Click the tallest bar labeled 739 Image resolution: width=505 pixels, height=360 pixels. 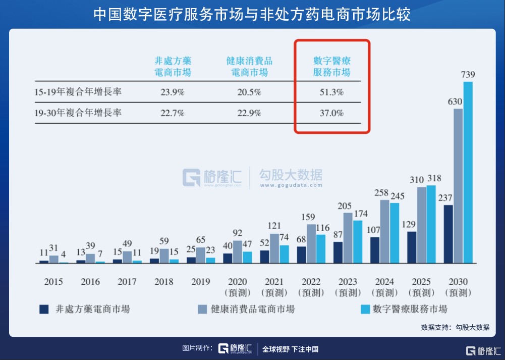coord(468,172)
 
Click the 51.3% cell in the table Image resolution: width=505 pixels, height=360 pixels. coord(331,92)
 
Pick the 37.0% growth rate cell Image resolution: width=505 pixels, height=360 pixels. coord(331,113)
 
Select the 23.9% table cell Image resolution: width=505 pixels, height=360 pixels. coord(173,92)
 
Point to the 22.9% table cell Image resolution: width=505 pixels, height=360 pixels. coord(249,113)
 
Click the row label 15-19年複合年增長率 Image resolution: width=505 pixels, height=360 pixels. coord(78,92)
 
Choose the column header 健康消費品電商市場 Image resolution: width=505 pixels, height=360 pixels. coord(249,67)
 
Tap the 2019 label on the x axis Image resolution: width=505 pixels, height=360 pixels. coord(200,281)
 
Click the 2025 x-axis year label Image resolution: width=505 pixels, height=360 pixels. coord(421,281)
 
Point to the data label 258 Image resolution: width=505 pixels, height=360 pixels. coord(384,193)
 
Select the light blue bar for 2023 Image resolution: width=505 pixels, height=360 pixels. coord(357,241)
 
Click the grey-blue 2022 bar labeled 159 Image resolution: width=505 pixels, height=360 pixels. coord(311,243)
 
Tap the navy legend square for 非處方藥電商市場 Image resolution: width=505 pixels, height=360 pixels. coord(44,309)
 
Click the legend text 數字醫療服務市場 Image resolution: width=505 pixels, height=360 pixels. coord(410,309)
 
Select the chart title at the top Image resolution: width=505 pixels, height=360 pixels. coord(252,14)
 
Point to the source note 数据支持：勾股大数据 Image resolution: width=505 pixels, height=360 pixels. coord(455,327)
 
